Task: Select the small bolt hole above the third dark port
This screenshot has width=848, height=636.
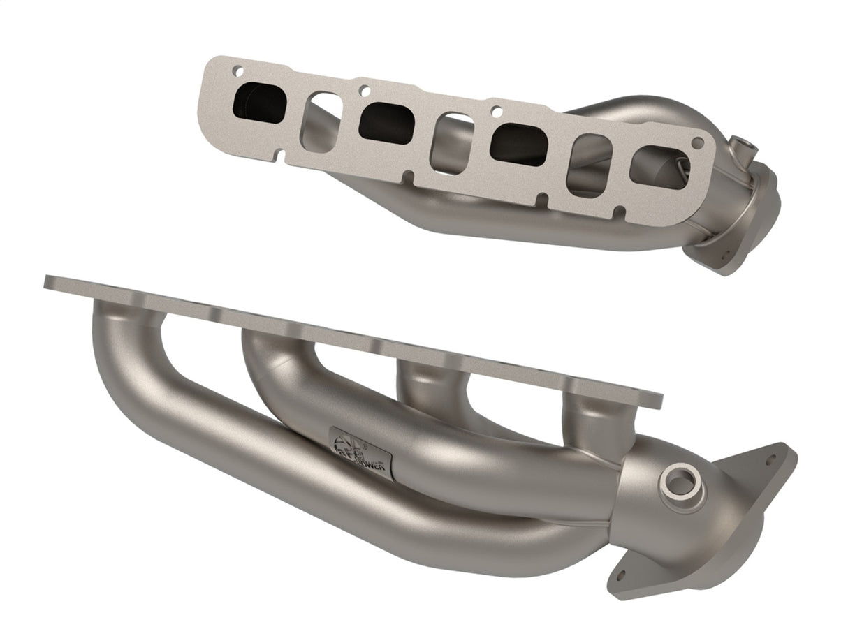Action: [495, 110]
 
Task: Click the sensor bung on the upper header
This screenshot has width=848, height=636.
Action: [743, 149]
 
